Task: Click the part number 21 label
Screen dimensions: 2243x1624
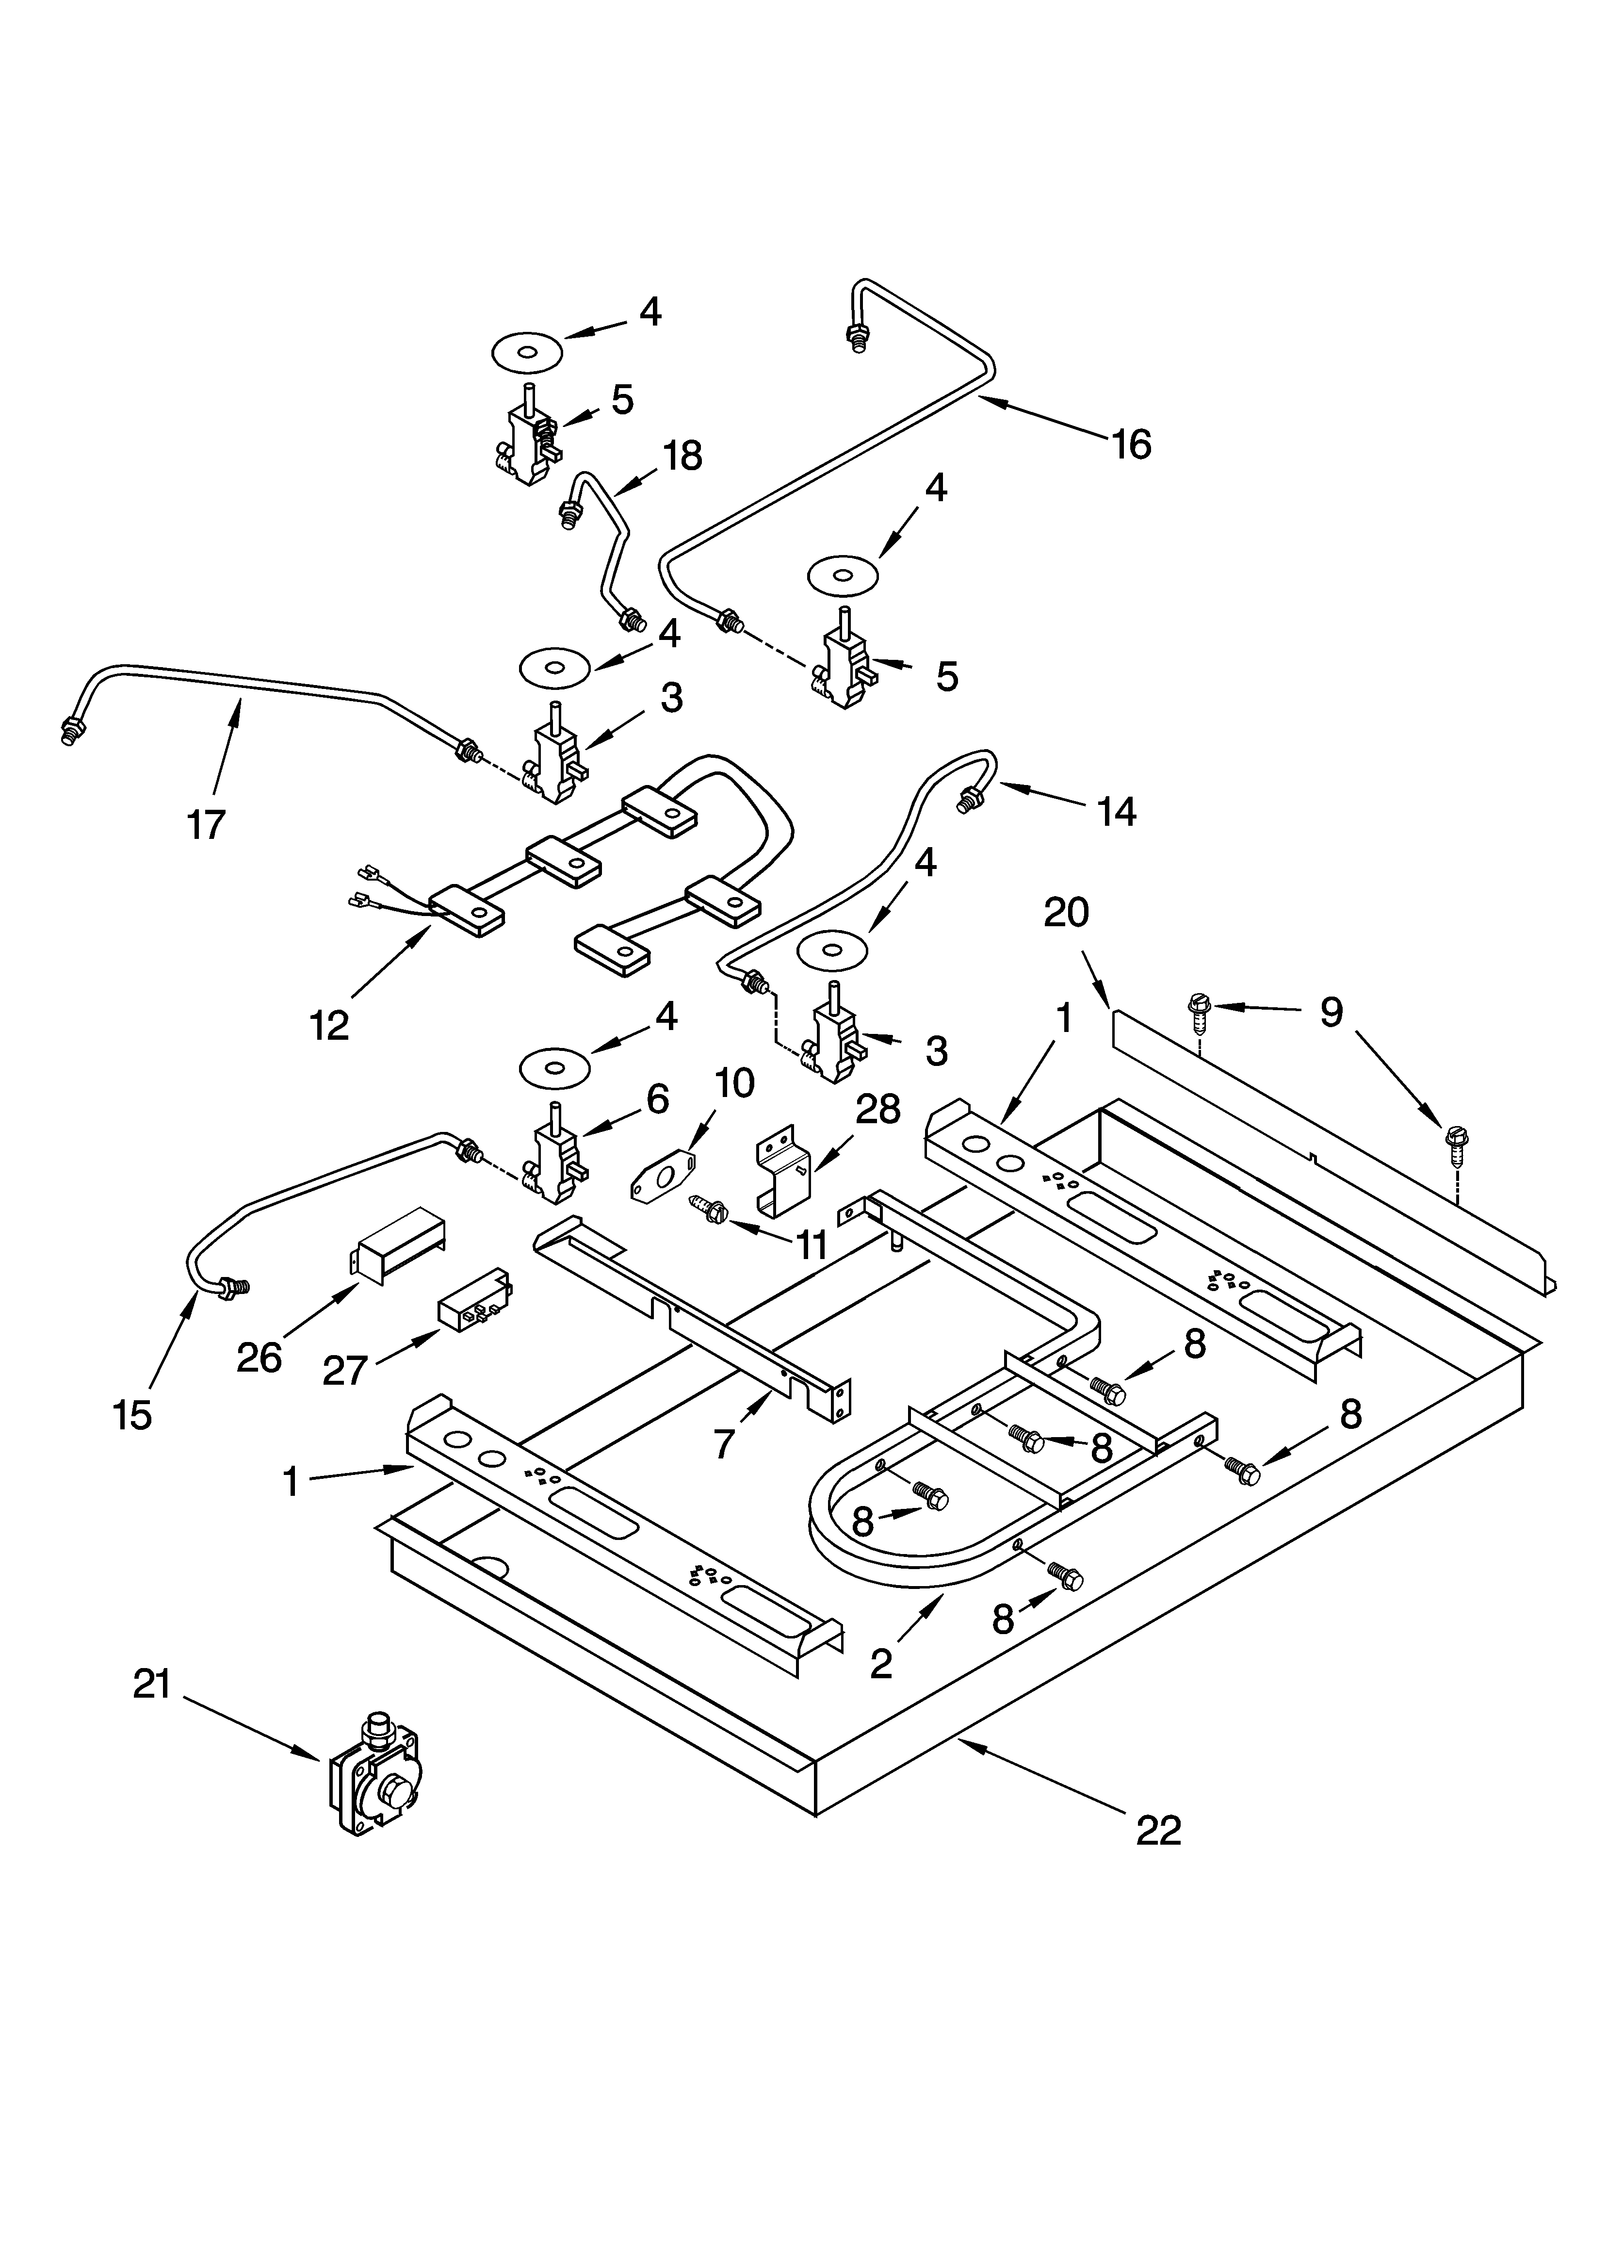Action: (x=152, y=1684)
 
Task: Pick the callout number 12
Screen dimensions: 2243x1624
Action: (x=329, y=1026)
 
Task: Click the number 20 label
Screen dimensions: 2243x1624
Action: (x=1065, y=912)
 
